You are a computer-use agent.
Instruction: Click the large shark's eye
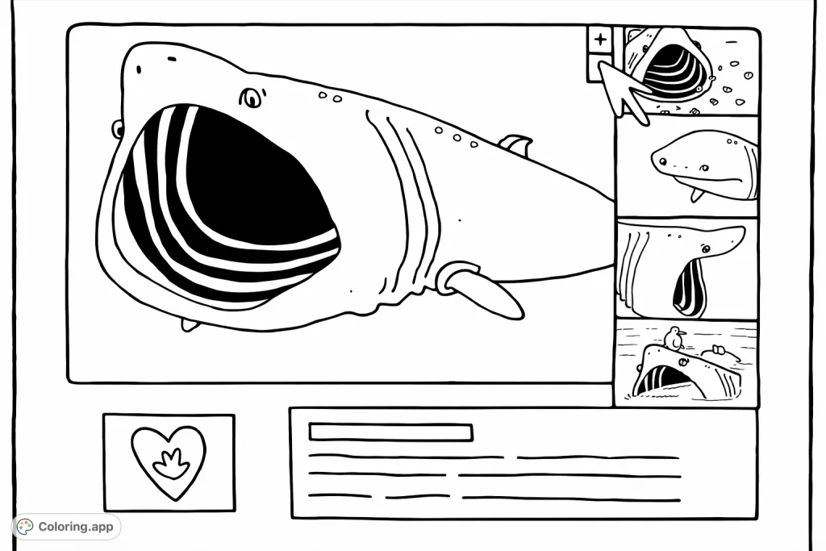click(252, 98)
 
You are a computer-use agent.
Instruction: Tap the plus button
click(600, 39)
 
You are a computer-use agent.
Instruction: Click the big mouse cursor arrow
click(623, 90)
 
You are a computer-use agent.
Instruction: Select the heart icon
click(169, 462)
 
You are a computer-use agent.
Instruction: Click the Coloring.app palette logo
click(25, 526)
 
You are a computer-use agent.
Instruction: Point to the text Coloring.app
click(76, 526)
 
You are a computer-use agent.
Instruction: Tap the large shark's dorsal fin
click(517, 144)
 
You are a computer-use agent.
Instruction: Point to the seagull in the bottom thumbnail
click(674, 338)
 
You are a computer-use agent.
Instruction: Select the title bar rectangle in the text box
click(391, 432)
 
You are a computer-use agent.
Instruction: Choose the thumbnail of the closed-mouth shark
click(687, 166)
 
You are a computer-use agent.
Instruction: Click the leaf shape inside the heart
click(171, 464)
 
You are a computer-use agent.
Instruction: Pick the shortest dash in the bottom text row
click(417, 495)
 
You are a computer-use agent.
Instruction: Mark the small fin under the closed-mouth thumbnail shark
click(696, 195)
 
